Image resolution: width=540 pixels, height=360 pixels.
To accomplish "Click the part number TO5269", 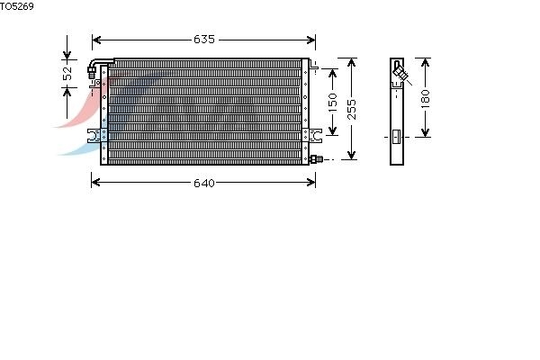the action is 17,6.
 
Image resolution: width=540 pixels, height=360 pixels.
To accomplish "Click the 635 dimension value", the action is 204,40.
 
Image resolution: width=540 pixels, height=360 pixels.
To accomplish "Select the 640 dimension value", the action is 204,183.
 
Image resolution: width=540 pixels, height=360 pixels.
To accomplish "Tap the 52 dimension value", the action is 67,73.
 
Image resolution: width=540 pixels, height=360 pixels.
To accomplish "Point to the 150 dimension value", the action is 333,103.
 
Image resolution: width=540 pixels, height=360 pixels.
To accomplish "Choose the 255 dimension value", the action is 351,109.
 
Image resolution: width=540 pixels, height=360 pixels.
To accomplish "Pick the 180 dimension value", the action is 426,98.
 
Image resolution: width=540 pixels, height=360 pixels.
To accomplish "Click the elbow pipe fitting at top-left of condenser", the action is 99,66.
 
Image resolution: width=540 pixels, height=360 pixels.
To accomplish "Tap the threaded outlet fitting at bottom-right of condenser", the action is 316,159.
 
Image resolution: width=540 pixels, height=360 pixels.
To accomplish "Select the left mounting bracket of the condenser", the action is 97,136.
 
